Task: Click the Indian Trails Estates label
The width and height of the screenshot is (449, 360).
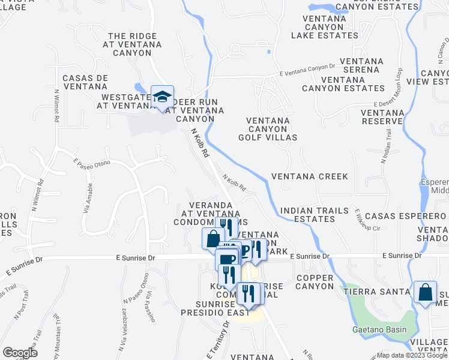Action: [307, 215]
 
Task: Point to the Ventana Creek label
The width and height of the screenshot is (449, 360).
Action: [309, 176]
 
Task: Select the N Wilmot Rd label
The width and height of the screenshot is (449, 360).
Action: [56, 106]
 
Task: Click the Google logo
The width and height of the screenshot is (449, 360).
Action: [20, 353]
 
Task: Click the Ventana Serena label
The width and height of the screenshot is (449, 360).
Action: [361, 65]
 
